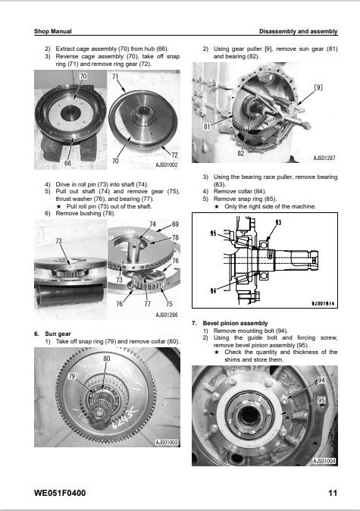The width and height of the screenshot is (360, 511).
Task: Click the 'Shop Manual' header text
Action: [x=53, y=31]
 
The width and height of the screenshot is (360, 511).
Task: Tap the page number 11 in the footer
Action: [x=332, y=493]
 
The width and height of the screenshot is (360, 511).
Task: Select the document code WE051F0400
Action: [x=60, y=493]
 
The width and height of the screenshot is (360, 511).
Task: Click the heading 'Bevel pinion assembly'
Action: [x=235, y=323]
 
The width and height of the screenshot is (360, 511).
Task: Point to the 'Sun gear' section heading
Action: [x=58, y=334]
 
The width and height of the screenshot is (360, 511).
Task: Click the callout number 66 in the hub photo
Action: [x=67, y=163]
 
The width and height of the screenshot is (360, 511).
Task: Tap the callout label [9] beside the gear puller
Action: [x=318, y=87]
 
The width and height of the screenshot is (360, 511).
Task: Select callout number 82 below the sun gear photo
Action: [x=240, y=153]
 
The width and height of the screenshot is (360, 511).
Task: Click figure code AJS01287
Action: [x=324, y=158]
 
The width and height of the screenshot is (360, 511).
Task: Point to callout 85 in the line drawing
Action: [x=214, y=234]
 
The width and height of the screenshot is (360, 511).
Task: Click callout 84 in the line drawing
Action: [x=213, y=290]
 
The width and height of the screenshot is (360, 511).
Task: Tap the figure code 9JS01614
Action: [x=323, y=303]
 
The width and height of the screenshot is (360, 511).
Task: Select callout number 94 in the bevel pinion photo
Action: [x=321, y=381]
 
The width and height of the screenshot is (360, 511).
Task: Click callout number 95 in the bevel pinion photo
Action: [x=321, y=400]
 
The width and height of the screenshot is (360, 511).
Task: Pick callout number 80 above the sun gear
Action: [x=107, y=359]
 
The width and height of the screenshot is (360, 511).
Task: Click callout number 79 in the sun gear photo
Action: [x=72, y=376]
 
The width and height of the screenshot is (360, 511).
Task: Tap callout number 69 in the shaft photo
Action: [x=175, y=224]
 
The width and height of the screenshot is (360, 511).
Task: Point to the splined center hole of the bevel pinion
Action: [x=249, y=415]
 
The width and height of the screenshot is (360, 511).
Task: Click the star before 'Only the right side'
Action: [x=217, y=207]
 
